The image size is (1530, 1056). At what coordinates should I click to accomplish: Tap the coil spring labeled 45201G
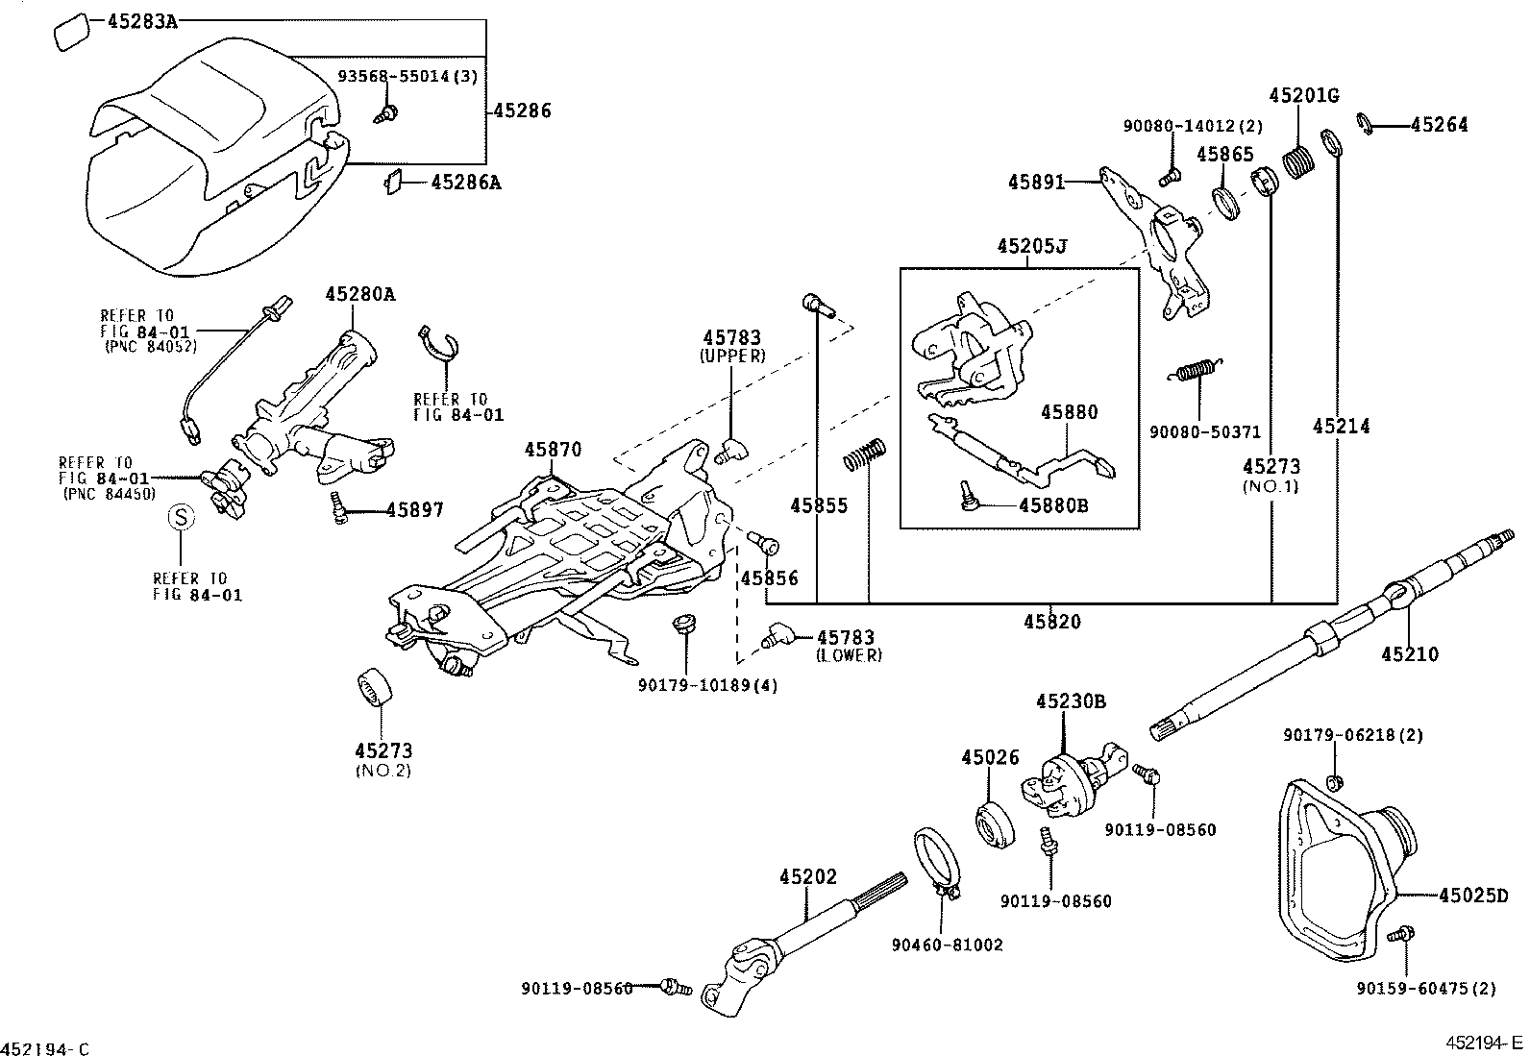(x=1301, y=160)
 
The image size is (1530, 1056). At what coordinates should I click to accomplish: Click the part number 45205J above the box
(x=1032, y=246)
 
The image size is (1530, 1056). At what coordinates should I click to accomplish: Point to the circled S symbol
(x=181, y=517)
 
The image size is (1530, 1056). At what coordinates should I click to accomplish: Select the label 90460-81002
(x=947, y=945)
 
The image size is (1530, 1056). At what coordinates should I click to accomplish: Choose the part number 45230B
(x=1070, y=701)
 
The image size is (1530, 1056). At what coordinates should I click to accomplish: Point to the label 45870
(x=553, y=450)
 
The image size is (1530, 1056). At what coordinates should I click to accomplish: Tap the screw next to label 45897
(x=339, y=506)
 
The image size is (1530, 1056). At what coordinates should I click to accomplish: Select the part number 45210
(x=1410, y=654)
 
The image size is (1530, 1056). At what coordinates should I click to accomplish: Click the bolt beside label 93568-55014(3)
(x=389, y=114)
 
